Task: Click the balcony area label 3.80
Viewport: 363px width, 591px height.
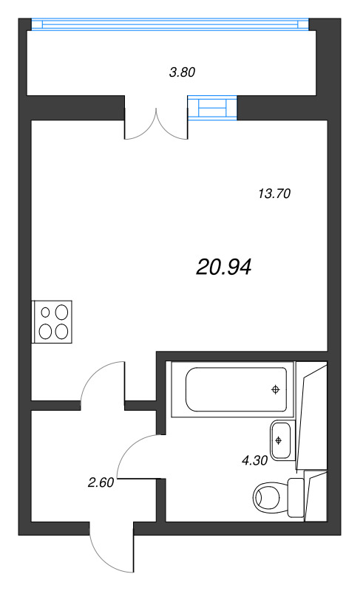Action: [182, 72]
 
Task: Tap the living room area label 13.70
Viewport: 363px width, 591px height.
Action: [274, 194]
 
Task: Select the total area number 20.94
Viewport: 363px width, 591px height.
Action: [224, 267]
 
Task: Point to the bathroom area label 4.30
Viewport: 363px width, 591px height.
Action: [254, 460]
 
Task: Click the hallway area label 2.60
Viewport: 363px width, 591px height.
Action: [101, 483]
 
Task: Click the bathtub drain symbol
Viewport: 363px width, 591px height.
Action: [275, 389]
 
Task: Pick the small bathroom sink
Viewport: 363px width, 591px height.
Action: [281, 440]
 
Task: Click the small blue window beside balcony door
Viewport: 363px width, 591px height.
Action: [213, 108]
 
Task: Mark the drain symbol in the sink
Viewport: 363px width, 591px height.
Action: [279, 440]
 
